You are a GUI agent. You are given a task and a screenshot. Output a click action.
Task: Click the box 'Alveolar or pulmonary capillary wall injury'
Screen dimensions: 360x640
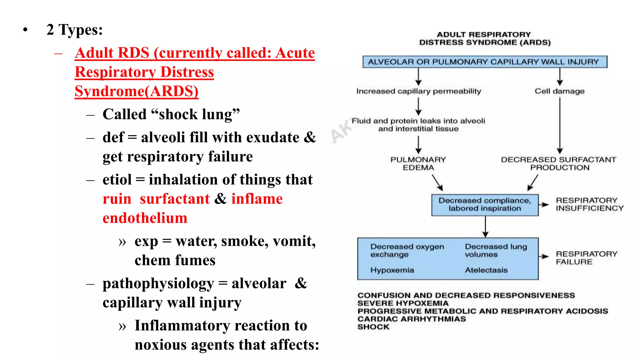484,62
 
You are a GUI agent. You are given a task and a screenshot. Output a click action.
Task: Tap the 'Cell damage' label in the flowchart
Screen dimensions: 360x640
559,91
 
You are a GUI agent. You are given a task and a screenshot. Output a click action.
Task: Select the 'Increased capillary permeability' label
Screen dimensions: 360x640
418,91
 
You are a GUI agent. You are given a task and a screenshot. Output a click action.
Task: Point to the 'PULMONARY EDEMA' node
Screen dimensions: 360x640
418,163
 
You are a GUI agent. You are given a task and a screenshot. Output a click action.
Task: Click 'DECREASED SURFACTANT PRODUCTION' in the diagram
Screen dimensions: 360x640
559,163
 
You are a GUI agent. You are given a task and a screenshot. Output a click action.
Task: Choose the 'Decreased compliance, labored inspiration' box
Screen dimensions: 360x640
485,205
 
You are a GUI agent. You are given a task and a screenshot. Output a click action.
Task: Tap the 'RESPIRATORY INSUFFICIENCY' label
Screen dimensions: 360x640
589,204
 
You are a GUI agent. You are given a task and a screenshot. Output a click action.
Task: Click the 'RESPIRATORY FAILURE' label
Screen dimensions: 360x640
586,258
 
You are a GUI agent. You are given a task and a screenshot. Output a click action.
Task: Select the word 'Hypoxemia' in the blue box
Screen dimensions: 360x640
392,270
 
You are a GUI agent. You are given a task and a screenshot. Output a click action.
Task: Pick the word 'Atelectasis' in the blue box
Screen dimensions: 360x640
486,270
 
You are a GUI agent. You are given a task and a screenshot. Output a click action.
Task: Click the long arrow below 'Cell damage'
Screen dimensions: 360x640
560,125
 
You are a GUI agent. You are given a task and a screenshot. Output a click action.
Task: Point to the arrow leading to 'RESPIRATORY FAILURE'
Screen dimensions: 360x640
544,256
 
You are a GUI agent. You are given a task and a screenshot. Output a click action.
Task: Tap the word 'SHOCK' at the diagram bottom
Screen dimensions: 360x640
373,327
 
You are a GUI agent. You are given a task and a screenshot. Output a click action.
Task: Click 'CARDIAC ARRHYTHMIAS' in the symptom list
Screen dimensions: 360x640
412,319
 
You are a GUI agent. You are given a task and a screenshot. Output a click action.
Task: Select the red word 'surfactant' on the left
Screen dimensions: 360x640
175,199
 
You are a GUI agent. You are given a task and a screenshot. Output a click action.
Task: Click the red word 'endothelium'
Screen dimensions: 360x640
145,218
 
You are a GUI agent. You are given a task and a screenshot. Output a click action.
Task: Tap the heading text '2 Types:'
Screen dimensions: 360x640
75,30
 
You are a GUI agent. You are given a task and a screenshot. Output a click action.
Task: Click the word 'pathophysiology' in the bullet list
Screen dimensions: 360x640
158,284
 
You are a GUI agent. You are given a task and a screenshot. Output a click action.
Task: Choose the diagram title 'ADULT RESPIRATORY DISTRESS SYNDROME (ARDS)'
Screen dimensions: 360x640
485,38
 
